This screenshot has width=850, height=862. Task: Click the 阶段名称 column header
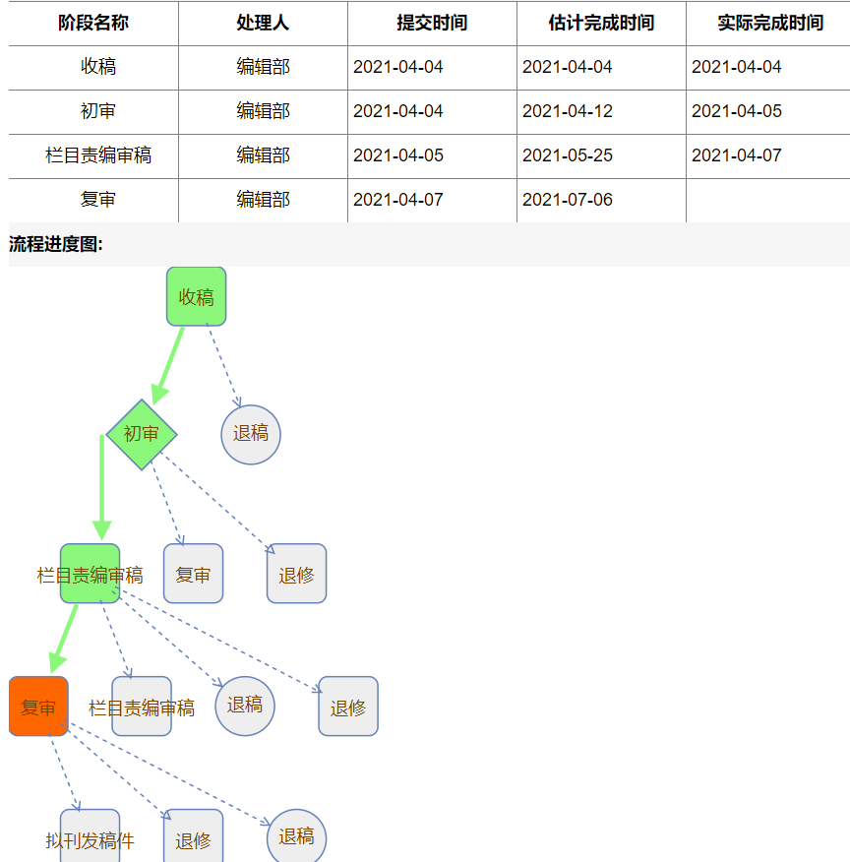[93, 23]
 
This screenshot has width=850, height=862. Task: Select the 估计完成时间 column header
[601, 23]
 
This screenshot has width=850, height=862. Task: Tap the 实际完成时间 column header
[769, 23]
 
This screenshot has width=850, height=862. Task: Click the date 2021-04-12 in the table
[568, 111]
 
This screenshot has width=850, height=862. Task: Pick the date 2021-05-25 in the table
[568, 155]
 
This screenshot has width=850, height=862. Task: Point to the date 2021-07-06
[568, 200]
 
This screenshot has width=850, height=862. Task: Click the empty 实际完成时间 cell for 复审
[767, 200]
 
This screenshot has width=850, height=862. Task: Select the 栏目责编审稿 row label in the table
[98, 155]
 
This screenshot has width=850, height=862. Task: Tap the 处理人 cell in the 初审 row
[263, 111]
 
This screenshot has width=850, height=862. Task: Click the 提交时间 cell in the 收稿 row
[398, 67]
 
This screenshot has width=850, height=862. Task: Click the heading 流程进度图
[56, 244]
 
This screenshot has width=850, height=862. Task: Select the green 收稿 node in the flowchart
[197, 296]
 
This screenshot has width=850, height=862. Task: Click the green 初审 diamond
[142, 434]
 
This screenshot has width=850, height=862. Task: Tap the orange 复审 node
[38, 707]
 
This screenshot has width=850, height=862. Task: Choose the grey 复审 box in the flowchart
[193, 574]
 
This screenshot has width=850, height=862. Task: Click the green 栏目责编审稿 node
[90, 574]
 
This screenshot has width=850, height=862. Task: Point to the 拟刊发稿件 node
[90, 838]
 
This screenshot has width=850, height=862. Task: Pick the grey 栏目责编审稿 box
[142, 707]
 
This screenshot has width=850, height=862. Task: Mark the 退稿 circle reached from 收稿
[251, 434]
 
